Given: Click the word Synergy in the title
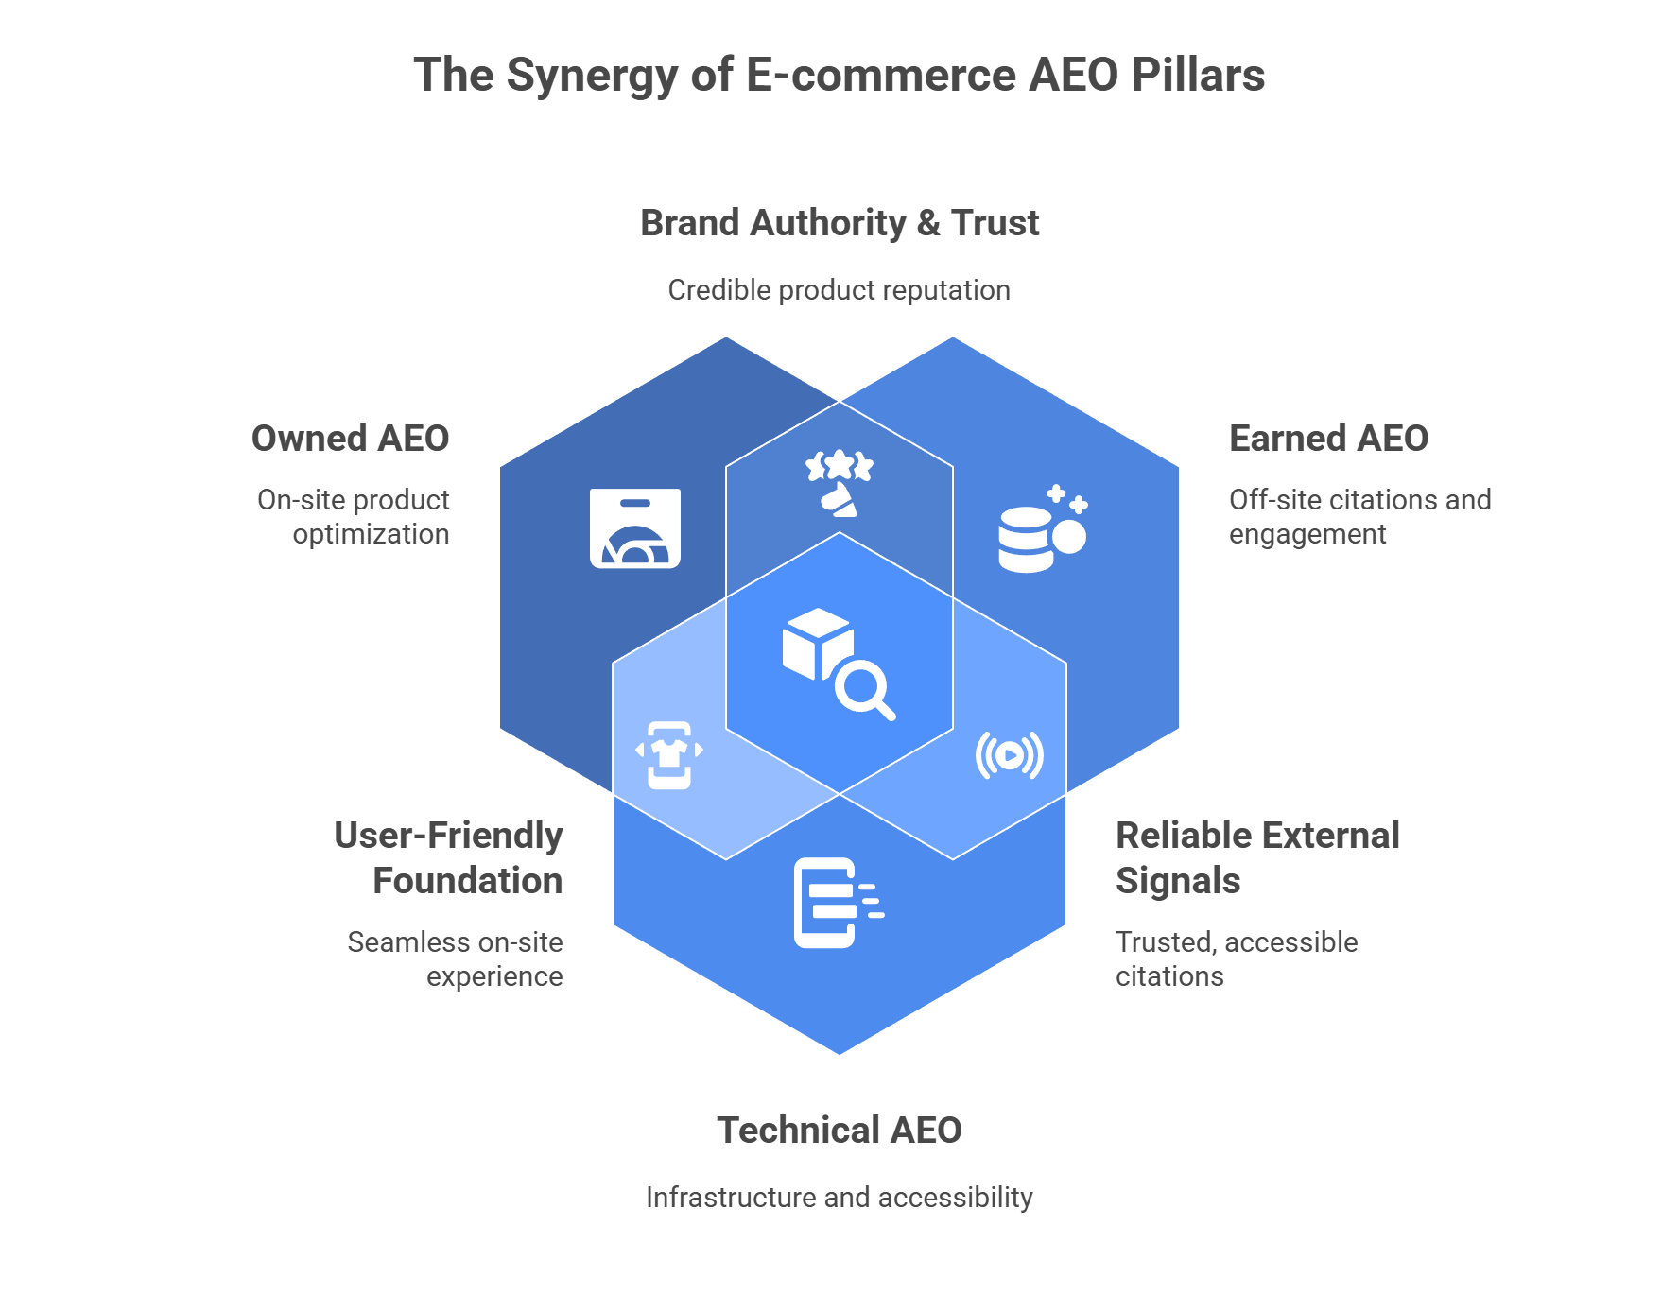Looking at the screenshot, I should click(591, 77).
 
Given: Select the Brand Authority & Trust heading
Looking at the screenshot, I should click(839, 223).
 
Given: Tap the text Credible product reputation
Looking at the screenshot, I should click(839, 290).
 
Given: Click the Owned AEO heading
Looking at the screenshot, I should click(350, 439).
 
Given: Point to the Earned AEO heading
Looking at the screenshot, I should click(1328, 439).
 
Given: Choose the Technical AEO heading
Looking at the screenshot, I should click(839, 1131).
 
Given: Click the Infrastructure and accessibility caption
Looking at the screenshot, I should click(839, 1198).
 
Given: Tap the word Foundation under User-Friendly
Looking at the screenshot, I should click(468, 881).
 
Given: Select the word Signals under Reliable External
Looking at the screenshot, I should click(1178, 881).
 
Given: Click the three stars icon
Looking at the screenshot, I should click(839, 483).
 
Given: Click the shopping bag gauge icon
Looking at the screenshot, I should click(635, 528).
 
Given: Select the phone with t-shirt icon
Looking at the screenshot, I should click(669, 754).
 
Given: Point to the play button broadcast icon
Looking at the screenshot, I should click(1009, 754).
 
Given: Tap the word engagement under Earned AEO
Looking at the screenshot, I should click(1307, 535).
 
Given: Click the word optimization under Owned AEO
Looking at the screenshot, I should click(371, 535).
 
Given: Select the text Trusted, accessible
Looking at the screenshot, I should click(1237, 942).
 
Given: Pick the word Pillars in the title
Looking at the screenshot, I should click(1198, 77).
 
